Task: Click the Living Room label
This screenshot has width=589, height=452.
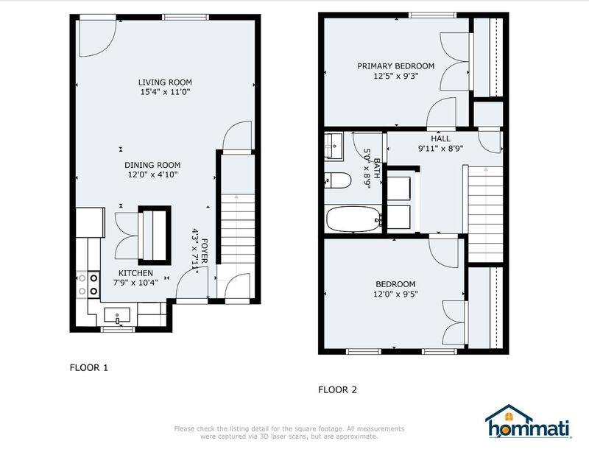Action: pos(165,82)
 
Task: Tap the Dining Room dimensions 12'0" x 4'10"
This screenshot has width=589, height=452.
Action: pos(152,174)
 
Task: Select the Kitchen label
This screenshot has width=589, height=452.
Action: pos(135,273)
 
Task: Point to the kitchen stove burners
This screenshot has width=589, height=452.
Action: pos(88,284)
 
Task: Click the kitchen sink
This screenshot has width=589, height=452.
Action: pos(117,316)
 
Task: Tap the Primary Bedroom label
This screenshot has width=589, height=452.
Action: pos(395,66)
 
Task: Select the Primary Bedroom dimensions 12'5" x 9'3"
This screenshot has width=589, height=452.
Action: pos(395,76)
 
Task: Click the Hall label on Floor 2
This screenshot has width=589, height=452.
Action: pos(440,138)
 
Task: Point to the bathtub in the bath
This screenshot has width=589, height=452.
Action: pos(353,219)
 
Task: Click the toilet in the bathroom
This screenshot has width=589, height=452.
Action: pos(338,180)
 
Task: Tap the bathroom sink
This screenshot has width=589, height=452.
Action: pos(334,146)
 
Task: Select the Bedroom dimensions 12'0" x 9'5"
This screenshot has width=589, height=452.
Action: pos(395,294)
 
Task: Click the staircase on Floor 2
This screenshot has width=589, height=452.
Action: pos(485,214)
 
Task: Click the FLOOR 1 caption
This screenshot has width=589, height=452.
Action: pos(89,367)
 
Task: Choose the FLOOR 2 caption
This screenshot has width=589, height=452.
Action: pos(338,389)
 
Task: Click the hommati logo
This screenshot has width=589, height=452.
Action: pos(529,422)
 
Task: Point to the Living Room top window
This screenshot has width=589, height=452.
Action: pos(186,17)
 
